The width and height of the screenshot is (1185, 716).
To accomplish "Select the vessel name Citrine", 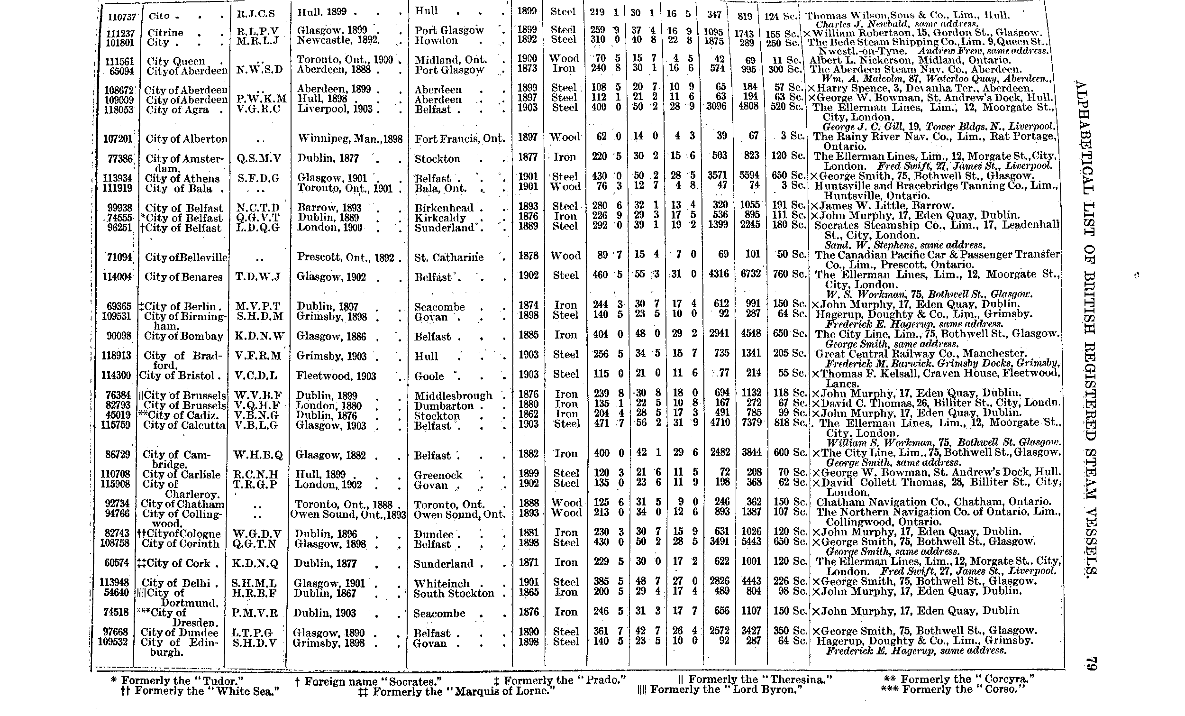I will click(x=165, y=33).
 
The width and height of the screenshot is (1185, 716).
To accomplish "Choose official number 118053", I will click(x=118, y=109).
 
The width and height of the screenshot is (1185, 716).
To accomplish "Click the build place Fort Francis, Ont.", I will click(x=460, y=139).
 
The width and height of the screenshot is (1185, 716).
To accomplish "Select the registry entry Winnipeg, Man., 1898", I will click(x=350, y=139).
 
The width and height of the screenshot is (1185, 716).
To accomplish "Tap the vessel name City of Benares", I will click(x=184, y=277).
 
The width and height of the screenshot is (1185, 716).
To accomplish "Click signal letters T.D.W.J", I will click(x=258, y=277).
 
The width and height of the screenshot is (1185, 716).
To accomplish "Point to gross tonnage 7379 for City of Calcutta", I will click(x=750, y=424).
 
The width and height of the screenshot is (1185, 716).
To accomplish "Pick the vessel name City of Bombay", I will click(x=183, y=336).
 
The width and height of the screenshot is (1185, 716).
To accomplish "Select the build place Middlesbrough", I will click(x=453, y=395).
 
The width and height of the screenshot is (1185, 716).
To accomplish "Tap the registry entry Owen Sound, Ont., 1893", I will click(x=348, y=514).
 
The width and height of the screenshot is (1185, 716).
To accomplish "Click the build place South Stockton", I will click(x=454, y=593).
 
